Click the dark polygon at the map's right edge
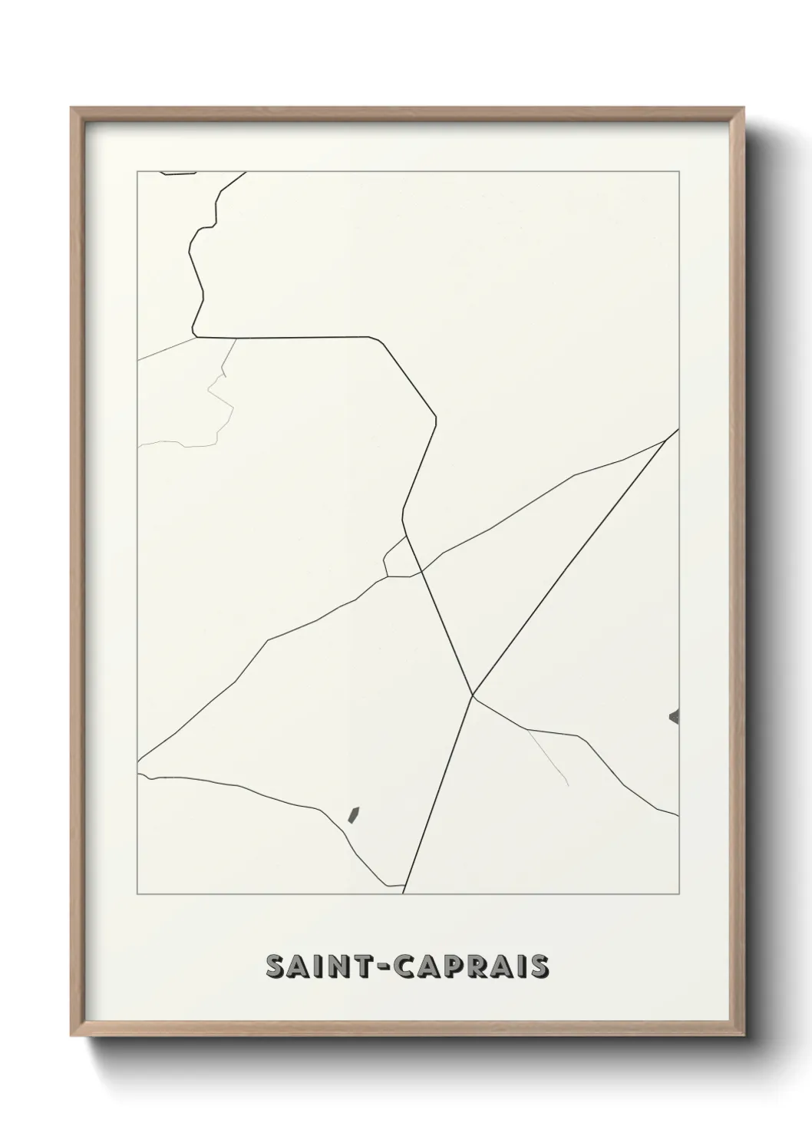675,717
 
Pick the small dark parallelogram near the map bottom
354,814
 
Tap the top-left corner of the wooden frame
73,109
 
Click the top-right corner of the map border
679,171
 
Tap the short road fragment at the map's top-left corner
178,174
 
